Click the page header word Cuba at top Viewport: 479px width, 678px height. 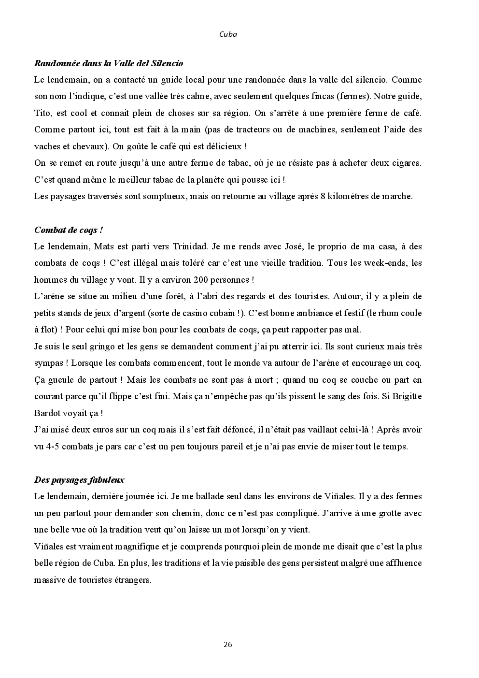coord(228,34)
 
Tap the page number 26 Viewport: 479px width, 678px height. coord(228,644)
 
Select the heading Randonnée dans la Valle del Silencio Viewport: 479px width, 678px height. coord(109,63)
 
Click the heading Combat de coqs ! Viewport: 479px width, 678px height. coord(68,230)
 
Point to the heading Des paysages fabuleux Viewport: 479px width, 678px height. coord(79,480)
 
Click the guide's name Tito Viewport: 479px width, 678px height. coord(42,113)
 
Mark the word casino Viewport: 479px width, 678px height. coord(189,313)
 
